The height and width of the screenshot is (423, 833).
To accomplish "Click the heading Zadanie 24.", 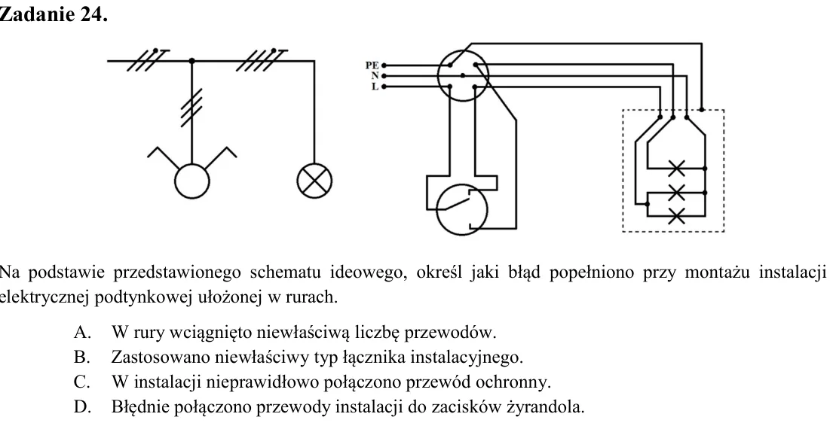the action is [53, 14].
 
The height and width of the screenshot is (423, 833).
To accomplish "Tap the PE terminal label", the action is [372, 65].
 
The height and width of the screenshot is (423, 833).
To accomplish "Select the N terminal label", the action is [375, 76].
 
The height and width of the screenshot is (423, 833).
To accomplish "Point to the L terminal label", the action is [375, 87].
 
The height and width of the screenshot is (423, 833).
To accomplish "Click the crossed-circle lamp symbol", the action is [314, 181].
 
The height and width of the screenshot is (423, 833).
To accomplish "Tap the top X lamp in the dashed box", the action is [676, 169].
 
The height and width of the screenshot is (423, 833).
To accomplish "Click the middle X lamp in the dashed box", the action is [676, 192].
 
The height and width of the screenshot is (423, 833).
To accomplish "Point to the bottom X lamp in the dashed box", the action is [676, 216].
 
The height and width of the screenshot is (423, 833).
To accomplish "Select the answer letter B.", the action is [82, 358].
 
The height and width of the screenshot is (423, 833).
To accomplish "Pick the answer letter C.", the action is [82, 382].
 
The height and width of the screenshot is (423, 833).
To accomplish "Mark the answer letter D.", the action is [82, 407].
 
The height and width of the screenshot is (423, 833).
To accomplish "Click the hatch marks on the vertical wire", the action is [191, 108].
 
